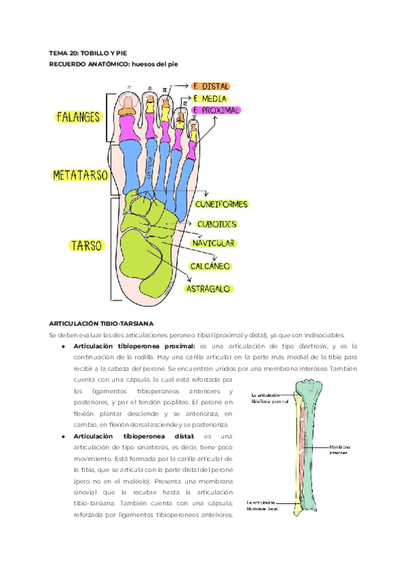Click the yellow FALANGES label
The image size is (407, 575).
[x=79, y=117]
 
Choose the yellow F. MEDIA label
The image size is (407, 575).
[x=209, y=98]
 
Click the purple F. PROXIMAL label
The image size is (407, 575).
[x=216, y=110]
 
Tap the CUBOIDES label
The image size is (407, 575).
[x=216, y=223]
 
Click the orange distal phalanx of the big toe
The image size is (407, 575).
[x=128, y=104]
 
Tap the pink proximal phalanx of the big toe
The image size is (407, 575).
[x=127, y=127]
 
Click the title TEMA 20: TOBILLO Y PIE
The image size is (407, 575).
[x=89, y=53]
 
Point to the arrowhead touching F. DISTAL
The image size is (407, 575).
[x=188, y=87]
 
